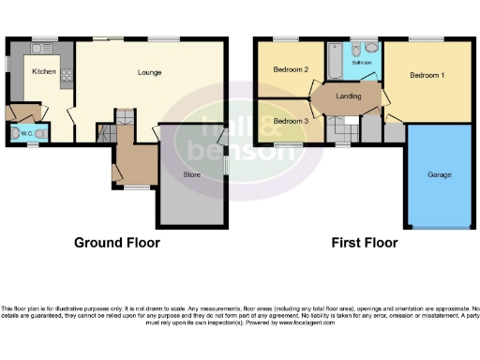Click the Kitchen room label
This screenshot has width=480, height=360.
point(43,71)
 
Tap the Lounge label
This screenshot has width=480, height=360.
point(149,72)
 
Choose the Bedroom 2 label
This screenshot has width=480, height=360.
point(292,70)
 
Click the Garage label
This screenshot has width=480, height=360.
point(440,175)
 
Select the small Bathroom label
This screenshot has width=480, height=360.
point(363,63)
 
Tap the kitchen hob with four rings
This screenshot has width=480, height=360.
point(66,72)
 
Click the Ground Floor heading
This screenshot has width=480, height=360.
point(117,243)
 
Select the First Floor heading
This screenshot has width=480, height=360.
point(365,243)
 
